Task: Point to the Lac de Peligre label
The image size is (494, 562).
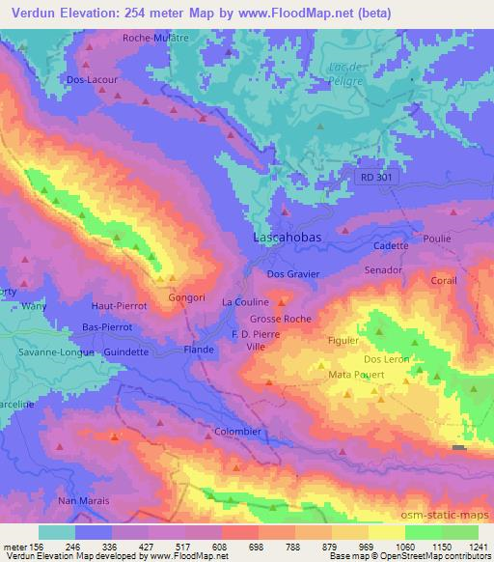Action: pos(345,72)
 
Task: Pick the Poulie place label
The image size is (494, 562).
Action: pos(437,236)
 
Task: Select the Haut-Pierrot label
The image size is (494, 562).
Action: pos(117,305)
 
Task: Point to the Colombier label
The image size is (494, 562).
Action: pos(238,432)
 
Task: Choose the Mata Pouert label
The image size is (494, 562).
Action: pos(357,374)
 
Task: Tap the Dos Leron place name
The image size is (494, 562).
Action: pos(387,359)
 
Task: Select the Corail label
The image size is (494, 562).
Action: pos(445,280)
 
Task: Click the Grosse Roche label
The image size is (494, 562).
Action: pos(280,318)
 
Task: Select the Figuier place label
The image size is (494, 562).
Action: pos(343,340)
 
